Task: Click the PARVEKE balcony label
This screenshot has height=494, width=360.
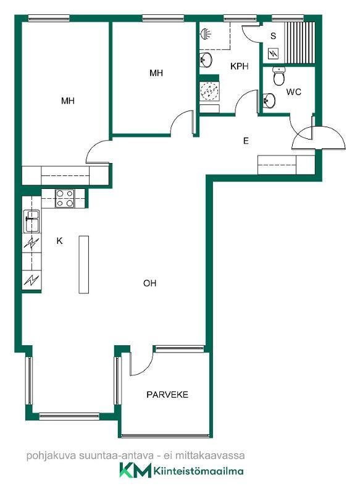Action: click(x=167, y=395)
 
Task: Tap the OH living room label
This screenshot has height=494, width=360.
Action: click(x=149, y=283)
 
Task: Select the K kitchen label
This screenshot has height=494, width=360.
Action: click(x=59, y=241)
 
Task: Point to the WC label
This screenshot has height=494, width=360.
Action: click(x=293, y=92)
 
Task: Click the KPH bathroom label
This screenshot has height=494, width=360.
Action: click(x=240, y=66)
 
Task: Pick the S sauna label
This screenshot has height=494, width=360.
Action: click(x=273, y=36)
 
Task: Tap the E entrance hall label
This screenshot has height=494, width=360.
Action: click(x=246, y=141)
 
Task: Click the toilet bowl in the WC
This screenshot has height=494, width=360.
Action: click(x=279, y=76)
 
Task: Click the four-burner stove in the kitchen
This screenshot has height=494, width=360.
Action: click(x=65, y=198)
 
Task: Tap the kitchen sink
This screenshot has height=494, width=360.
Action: click(x=32, y=221)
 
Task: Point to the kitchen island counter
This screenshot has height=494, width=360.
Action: click(x=83, y=265)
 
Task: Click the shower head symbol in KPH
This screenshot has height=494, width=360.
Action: click(x=206, y=33)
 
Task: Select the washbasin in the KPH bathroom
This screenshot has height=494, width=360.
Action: click(x=206, y=60)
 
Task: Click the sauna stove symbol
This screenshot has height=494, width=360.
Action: click(x=273, y=54)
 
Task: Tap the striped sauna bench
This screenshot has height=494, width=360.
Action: click(x=300, y=42)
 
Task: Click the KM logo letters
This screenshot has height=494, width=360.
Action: click(x=135, y=471)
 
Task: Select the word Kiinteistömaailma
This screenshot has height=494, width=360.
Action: click(x=198, y=471)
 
